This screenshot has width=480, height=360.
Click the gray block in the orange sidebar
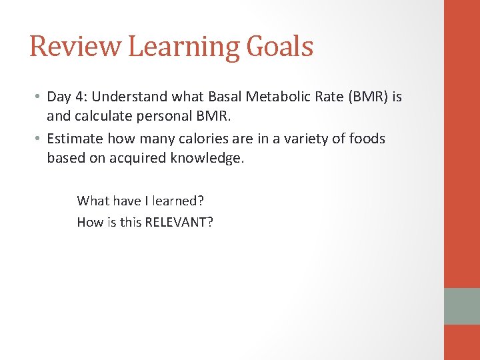pyautogui.click(x=462, y=306)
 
